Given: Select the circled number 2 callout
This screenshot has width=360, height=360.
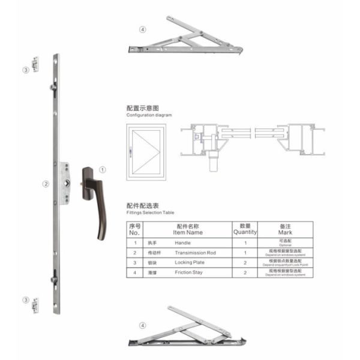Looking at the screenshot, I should pos(46,184).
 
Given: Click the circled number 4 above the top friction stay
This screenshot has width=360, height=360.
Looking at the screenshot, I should pos(142,29).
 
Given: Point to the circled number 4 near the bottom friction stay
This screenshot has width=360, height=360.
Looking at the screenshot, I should pos(142,326).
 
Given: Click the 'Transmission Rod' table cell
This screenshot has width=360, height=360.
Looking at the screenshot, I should pos(195,253).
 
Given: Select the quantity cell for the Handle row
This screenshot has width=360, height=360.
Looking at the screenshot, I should pos(245,242).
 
